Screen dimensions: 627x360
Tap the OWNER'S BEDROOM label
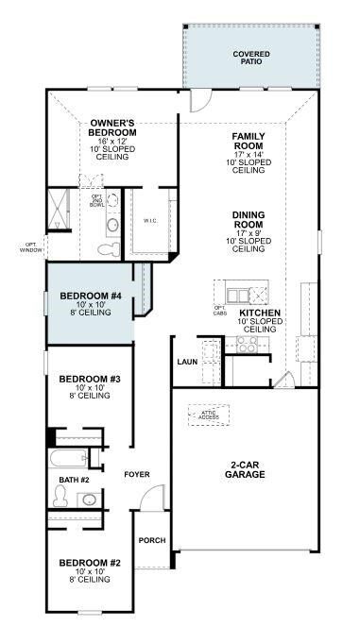[113, 128]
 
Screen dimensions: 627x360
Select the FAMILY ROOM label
[248, 142]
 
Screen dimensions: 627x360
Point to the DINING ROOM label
[248, 221]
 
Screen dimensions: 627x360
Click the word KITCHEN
[259, 313]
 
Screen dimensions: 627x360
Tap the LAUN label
[186, 362]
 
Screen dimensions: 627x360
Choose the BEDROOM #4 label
[91, 297]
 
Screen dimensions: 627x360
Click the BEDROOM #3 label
[89, 380]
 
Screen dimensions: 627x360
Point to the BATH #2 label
[74, 480]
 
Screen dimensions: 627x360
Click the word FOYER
[138, 474]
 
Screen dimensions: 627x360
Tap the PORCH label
[151, 540]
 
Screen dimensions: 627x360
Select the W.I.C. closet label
[151, 221]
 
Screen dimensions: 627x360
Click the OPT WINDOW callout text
[31, 248]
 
